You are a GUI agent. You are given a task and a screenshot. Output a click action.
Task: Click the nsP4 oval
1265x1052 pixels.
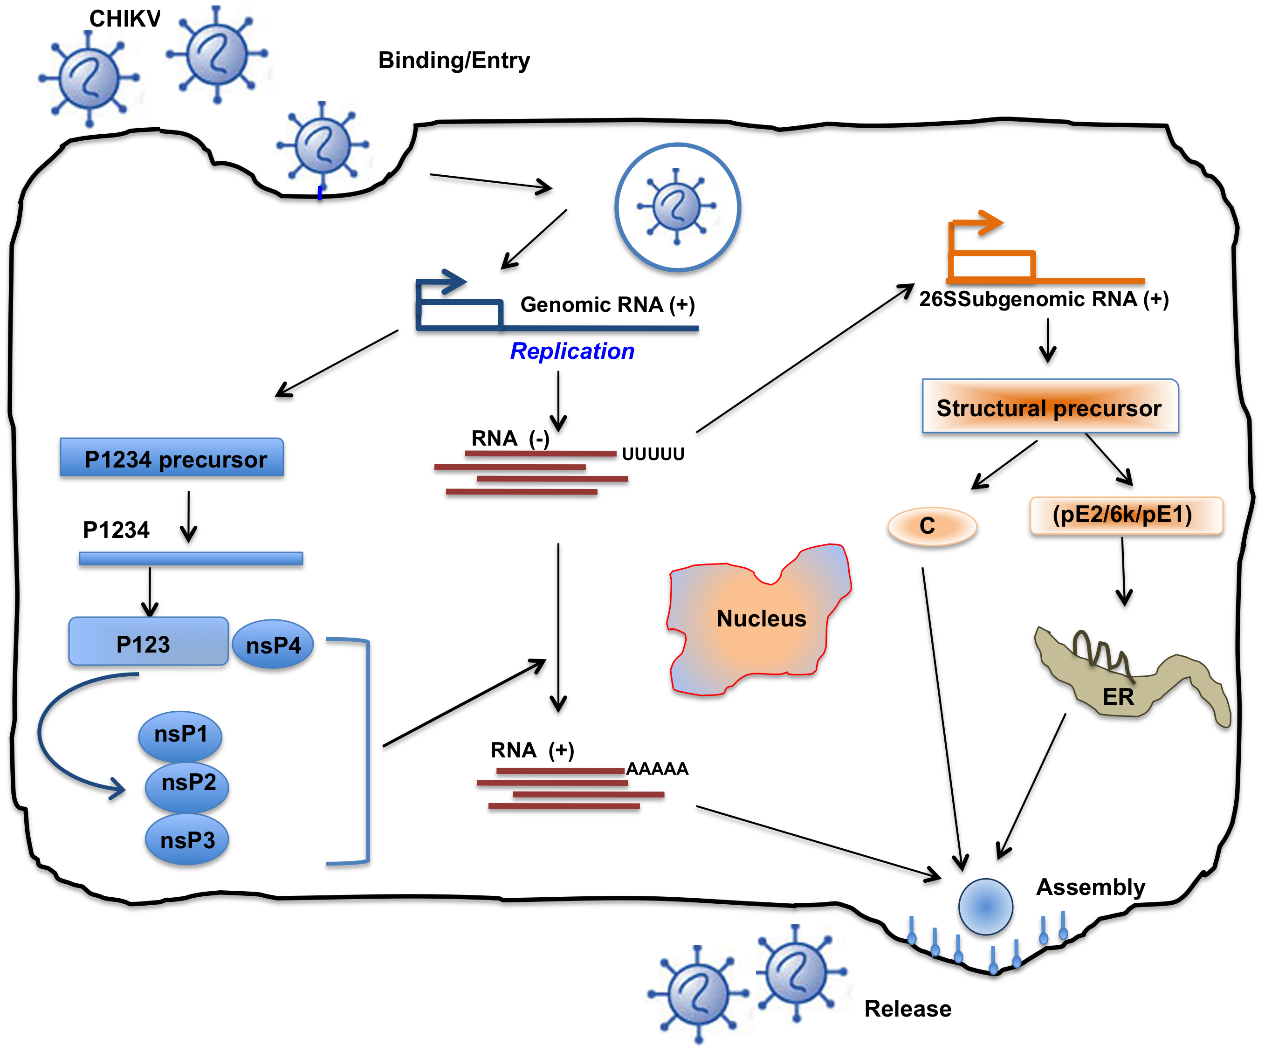273,645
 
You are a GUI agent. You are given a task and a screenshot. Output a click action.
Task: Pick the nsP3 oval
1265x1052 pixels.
187,840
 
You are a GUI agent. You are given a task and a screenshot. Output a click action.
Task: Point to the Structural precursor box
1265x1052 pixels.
1049,407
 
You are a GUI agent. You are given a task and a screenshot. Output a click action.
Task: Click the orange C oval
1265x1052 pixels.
932,526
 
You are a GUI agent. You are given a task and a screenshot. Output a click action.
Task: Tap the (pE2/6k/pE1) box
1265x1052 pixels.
1126,515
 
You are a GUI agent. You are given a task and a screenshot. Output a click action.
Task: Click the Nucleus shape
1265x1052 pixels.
761,619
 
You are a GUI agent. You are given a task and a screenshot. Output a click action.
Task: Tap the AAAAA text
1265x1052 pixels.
657,769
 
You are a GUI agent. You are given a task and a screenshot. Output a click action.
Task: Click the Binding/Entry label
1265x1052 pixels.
454,60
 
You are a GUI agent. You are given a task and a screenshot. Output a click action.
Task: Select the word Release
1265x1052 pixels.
908,1009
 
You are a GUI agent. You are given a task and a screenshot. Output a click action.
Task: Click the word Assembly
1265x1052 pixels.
1090,887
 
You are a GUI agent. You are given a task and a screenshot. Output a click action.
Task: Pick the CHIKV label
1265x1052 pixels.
125,19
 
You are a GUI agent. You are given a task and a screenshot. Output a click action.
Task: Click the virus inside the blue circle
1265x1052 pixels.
676,206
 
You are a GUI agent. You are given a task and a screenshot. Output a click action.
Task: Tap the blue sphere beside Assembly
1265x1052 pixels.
985,906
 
